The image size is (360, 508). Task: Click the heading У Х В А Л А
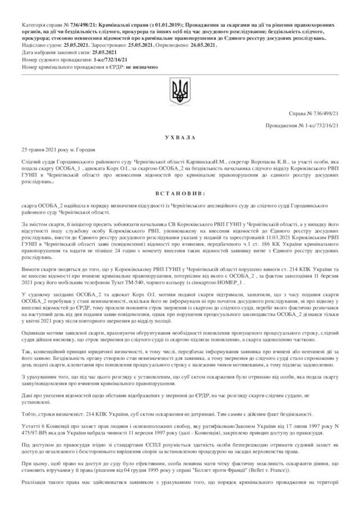pos(179,137)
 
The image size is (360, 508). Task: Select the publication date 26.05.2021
pos(201,44)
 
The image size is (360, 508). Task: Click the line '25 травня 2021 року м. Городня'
pos(58,150)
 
